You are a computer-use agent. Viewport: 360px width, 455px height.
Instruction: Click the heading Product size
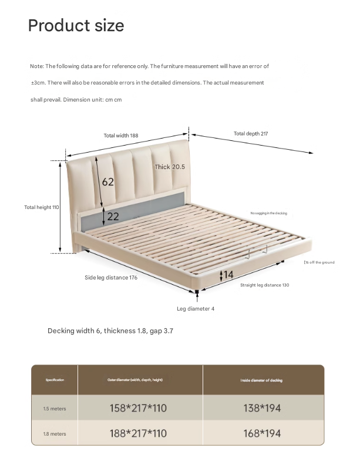coord(76,26)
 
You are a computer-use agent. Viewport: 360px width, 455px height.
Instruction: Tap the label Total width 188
coord(121,136)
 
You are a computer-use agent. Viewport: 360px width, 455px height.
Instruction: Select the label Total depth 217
coord(251,134)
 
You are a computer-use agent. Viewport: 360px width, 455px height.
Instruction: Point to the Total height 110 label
coord(42,207)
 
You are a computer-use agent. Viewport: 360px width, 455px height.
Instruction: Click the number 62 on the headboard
coord(108,182)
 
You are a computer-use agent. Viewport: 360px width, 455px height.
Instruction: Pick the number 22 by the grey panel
coord(113,217)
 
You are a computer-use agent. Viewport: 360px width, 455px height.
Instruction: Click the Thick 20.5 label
coord(170,167)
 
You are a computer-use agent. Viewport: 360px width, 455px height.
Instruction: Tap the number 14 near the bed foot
coord(228,274)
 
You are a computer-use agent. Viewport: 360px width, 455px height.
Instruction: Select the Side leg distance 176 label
coord(111,278)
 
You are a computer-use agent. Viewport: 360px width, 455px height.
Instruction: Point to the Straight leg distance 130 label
coord(264,285)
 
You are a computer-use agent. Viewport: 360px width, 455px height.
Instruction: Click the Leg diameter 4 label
coord(196,309)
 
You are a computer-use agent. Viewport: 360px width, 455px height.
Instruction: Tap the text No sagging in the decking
coord(268,213)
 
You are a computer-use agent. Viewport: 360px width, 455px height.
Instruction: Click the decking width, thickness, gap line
coord(110,331)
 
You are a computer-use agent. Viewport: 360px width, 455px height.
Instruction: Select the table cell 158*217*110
coord(138,408)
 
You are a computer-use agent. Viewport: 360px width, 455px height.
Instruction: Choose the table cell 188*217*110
coord(138,433)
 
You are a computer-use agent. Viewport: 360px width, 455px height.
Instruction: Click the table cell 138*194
coord(261,408)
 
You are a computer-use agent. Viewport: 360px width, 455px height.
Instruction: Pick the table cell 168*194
coord(261,433)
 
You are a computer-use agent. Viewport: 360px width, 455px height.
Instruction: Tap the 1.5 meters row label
coord(54,408)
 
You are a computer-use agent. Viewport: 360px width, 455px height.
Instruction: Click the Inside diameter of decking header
coord(261,380)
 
